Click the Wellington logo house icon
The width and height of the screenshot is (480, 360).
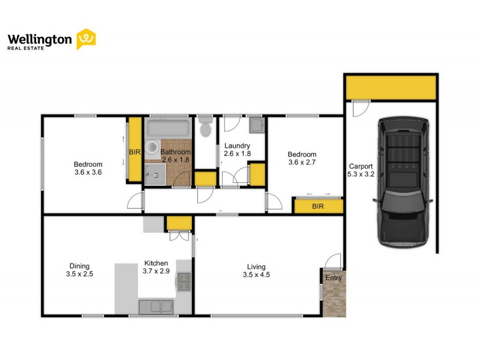tap(86, 39)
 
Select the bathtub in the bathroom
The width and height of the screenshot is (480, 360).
tap(169, 128)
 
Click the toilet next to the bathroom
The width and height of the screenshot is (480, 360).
tap(205, 127)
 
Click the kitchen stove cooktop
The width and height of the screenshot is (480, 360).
tap(184, 281)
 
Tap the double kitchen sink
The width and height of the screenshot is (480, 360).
tap(156, 307)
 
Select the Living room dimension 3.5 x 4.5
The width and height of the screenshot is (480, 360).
tap(256, 276)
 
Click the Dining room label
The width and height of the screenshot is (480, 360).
tap(79, 266)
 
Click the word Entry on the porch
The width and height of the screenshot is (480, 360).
tap(334, 278)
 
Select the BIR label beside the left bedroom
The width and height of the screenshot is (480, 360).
tap(134, 152)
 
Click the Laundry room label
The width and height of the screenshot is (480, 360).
tap(236, 146)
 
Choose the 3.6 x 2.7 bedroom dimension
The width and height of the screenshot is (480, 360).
tap(302, 161)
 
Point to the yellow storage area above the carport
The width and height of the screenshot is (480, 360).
tap(390, 88)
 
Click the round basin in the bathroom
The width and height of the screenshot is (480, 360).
tap(152, 146)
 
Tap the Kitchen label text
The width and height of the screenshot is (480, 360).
tap(156, 263)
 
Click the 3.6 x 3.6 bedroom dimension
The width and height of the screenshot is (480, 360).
tap(88, 173)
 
